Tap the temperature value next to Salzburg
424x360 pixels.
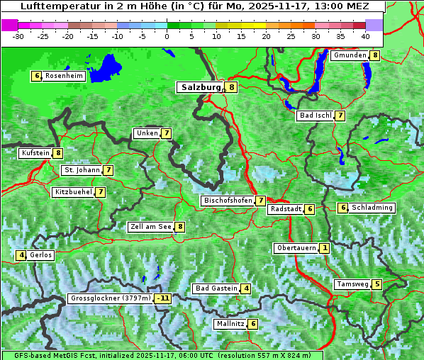click(x=232, y=87)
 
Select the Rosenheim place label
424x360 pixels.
click(x=64, y=76)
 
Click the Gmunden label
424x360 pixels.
click(x=350, y=55)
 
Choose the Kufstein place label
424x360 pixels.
click(x=35, y=153)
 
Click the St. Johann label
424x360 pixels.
click(x=82, y=170)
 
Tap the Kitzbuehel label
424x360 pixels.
click(x=73, y=192)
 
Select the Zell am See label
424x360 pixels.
click(x=151, y=227)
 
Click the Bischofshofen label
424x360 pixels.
click(x=228, y=201)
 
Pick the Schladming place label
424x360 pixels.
click(x=372, y=208)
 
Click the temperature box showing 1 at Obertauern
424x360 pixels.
click(x=324, y=248)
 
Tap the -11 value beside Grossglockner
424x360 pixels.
click(x=163, y=298)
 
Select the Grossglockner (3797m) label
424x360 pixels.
click(x=111, y=298)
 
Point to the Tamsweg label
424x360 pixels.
click(x=352, y=284)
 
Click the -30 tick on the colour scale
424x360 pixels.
click(x=18, y=36)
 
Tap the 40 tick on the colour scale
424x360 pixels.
click(x=365, y=36)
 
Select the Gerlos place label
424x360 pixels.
click(x=41, y=255)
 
